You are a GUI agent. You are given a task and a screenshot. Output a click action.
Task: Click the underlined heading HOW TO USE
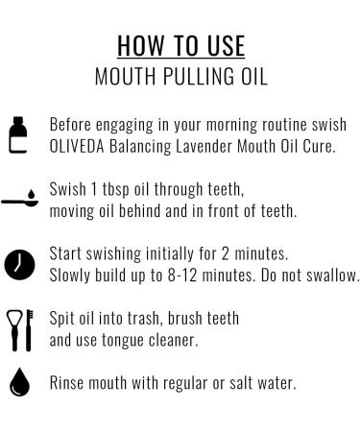coord(180,46)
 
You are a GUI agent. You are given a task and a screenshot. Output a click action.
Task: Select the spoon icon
coord(20,202)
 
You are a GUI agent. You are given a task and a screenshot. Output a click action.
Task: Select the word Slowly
coord(71,275)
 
